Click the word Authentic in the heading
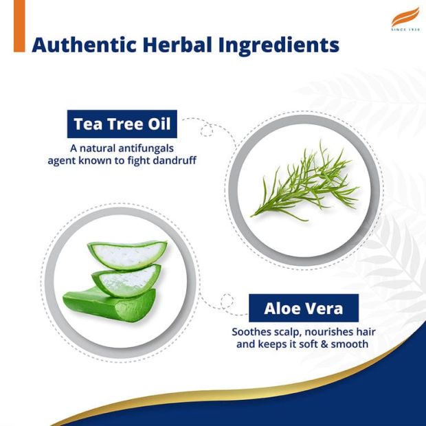(x=84, y=45)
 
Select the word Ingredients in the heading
(x=279, y=46)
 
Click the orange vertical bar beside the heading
(x=19, y=26)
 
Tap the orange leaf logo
(x=405, y=17)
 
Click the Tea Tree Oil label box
(x=122, y=124)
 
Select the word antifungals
(x=146, y=148)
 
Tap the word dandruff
(x=175, y=160)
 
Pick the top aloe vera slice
(x=127, y=254)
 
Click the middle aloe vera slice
(x=126, y=280)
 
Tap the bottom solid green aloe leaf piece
(x=109, y=305)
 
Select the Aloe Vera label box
(x=304, y=308)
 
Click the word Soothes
(x=248, y=332)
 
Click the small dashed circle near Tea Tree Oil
(x=207, y=130)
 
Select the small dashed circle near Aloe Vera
(x=227, y=301)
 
